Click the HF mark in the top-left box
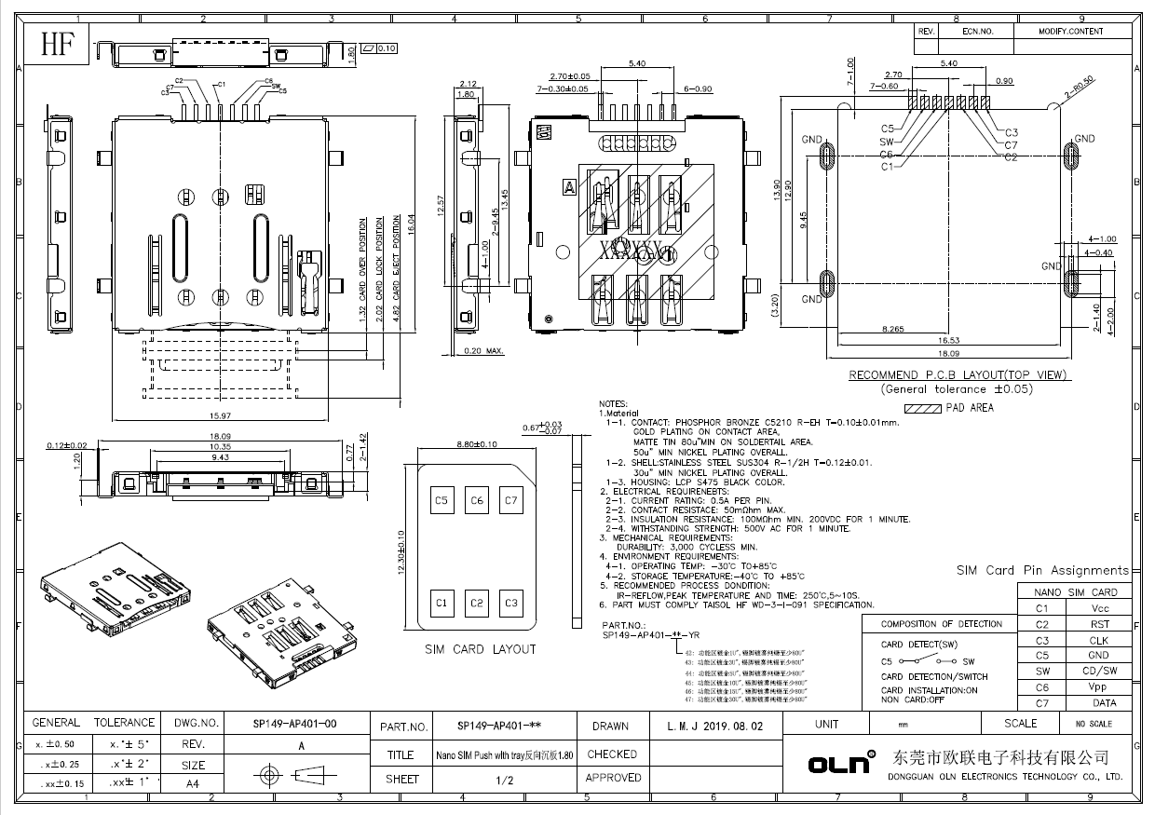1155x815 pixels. (54, 45)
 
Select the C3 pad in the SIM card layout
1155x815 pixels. (510, 604)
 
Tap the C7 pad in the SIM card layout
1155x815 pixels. (510, 501)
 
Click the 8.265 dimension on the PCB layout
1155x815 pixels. (893, 330)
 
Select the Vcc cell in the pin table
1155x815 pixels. (1099, 608)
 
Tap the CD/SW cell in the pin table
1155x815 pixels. (1099, 671)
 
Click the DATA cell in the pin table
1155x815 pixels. (1099, 703)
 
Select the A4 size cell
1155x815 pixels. (193, 784)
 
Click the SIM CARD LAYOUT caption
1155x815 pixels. (480, 649)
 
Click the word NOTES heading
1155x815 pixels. (618, 403)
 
